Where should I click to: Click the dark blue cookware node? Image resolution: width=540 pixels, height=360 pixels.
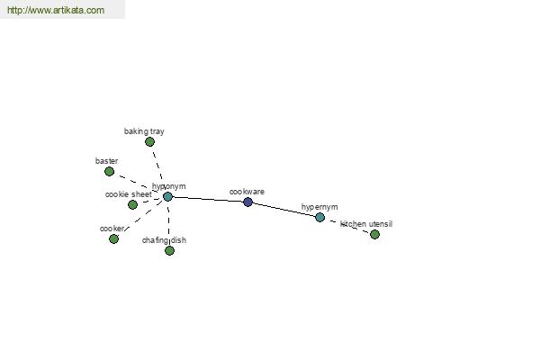(248, 202)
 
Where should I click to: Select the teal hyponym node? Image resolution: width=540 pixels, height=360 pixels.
(167, 197)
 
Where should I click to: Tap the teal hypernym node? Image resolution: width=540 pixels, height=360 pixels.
(319, 218)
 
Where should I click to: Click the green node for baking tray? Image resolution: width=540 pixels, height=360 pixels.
(149, 141)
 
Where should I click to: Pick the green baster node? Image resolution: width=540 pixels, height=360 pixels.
(109, 171)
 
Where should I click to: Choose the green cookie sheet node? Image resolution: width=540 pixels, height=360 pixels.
(132, 204)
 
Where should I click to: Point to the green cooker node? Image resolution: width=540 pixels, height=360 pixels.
(113, 238)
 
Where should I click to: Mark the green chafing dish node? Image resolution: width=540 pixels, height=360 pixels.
(169, 250)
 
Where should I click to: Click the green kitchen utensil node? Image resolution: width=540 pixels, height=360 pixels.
(374, 234)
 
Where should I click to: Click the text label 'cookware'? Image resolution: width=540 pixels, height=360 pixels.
(247, 192)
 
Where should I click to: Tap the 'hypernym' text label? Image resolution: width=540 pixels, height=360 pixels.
(319, 207)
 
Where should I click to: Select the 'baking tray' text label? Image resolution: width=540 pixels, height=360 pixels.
(144, 131)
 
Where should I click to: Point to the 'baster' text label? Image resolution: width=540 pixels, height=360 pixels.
(107, 161)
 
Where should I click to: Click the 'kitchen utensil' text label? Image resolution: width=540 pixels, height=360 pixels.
(366, 224)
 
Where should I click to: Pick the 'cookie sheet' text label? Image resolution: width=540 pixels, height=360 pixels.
(129, 194)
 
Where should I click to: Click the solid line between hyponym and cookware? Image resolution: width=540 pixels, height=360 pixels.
(208, 199)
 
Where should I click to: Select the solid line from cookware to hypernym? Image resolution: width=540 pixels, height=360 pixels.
(283, 210)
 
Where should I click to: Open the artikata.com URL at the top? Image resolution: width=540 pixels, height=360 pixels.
(56, 10)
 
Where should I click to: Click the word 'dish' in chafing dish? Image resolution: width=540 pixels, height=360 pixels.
(177, 240)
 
